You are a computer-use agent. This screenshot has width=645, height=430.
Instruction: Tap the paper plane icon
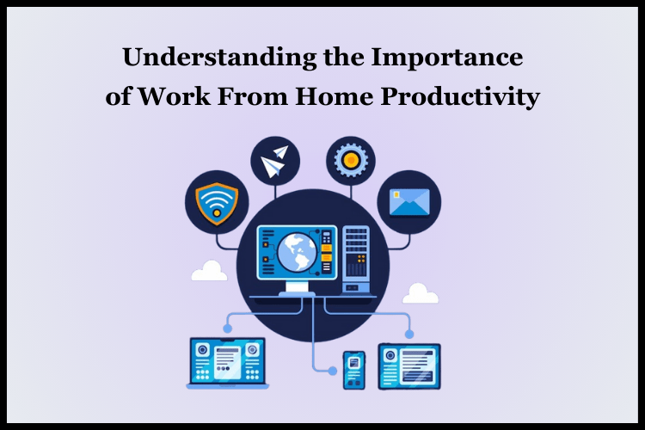274,161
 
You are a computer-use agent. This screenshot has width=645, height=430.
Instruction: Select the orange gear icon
350,161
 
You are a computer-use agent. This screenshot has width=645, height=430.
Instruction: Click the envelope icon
408,202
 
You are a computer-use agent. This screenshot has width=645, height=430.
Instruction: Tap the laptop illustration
227,362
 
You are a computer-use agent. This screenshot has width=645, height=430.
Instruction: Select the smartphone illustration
354,370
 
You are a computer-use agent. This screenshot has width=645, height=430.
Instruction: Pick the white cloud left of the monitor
209,272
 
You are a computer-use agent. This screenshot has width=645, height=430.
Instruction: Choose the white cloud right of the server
420,293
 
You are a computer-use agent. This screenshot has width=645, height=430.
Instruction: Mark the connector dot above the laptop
227,328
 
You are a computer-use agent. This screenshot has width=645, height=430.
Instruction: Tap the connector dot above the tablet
409,334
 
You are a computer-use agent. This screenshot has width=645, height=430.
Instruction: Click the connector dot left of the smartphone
334,371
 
